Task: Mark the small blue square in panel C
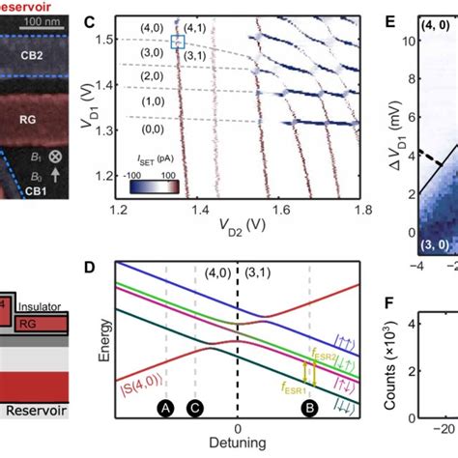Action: [177, 42]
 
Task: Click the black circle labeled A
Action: [166, 410]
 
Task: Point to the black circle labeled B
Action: [309, 410]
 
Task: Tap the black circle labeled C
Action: [195, 410]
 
